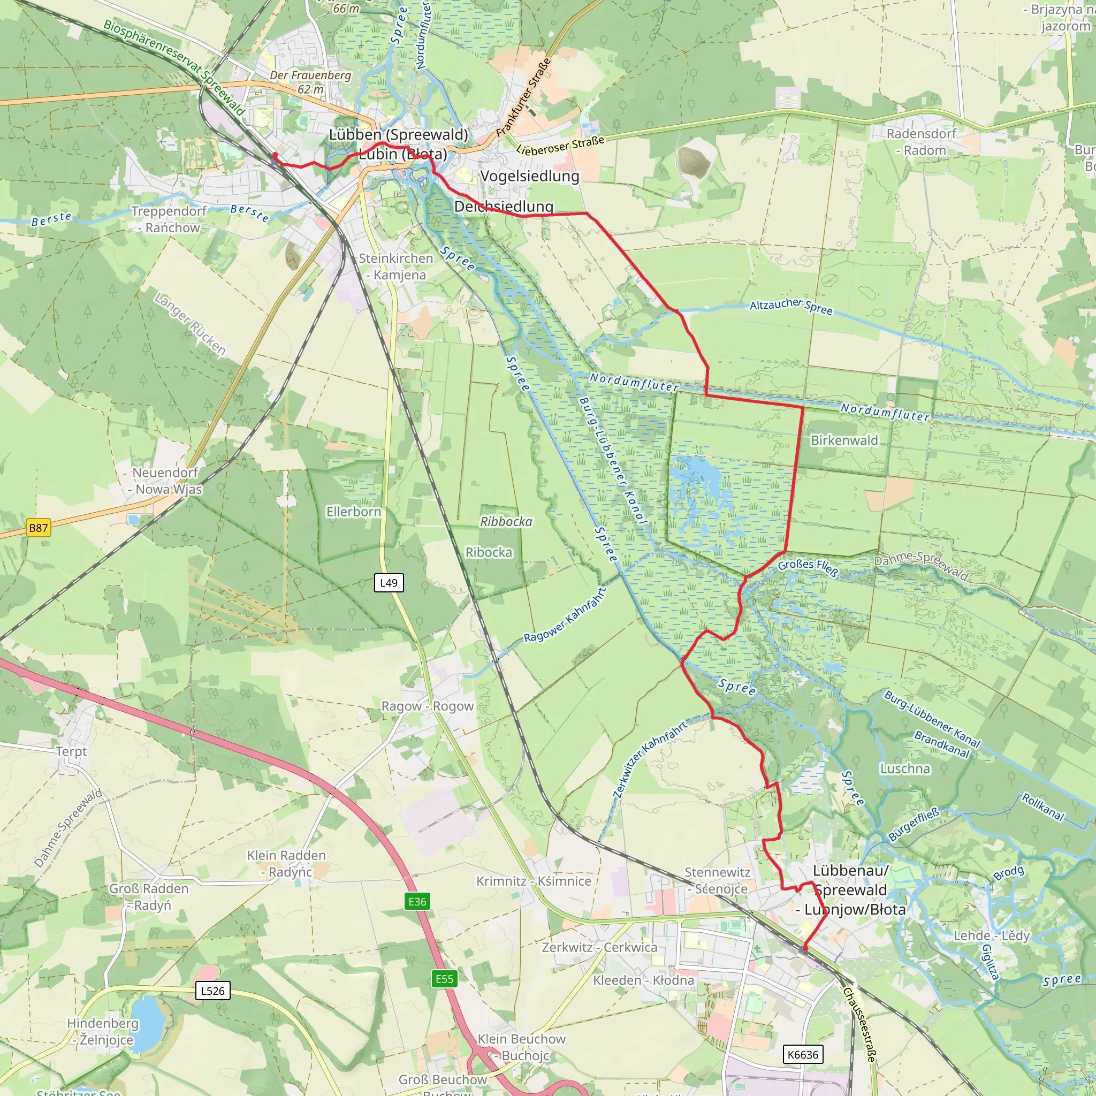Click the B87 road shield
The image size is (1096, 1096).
pyautogui.click(x=39, y=528)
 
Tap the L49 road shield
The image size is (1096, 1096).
pyautogui.click(x=389, y=583)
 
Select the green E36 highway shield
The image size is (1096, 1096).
pyautogui.click(x=417, y=901)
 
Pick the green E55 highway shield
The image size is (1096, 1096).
pyautogui.click(x=444, y=979)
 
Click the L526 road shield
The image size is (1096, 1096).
pyautogui.click(x=213, y=991)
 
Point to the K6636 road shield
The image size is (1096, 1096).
pyautogui.click(x=803, y=1055)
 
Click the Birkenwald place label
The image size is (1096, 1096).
pyautogui.click(x=844, y=440)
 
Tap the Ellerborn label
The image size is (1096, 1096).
pyautogui.click(x=353, y=512)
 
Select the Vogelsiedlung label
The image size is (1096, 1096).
pyautogui.click(x=530, y=177)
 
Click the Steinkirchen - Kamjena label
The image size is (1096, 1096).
pyautogui.click(x=396, y=267)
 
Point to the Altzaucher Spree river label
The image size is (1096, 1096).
pyautogui.click(x=791, y=306)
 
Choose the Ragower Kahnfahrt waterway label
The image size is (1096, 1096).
pyautogui.click(x=565, y=615)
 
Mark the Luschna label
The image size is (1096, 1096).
pyautogui.click(x=905, y=768)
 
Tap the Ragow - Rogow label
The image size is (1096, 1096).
pyautogui.click(x=427, y=706)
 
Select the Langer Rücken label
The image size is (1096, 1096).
pyautogui.click(x=191, y=323)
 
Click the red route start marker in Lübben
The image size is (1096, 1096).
pyautogui.click(x=275, y=155)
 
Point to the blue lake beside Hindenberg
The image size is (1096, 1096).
pyautogui.click(x=148, y=1023)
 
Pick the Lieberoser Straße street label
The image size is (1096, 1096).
pyautogui.click(x=560, y=144)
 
